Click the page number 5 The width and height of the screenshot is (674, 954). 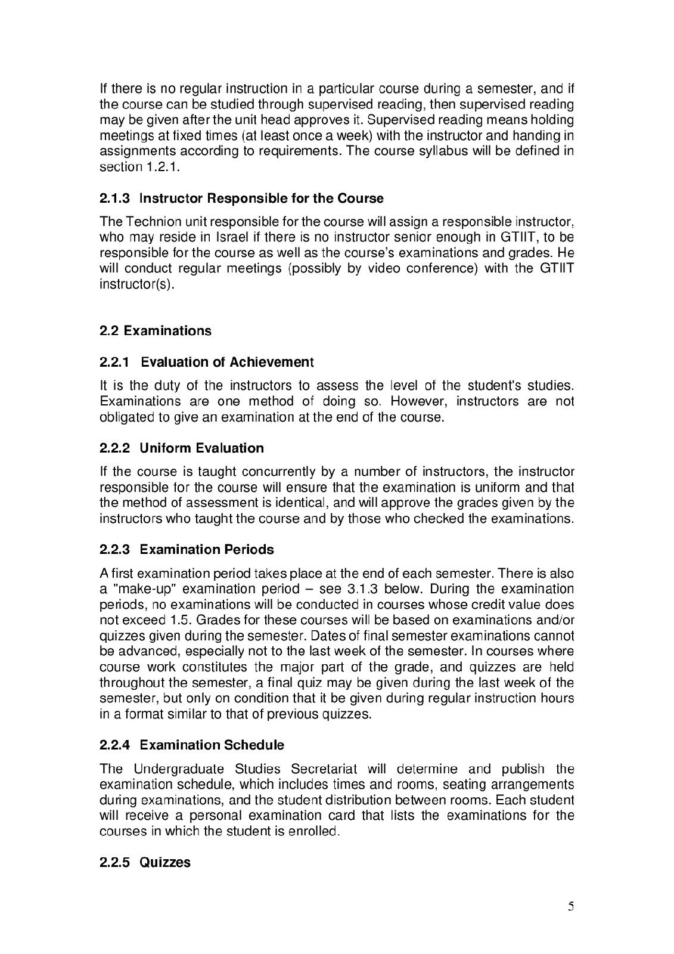point(571,907)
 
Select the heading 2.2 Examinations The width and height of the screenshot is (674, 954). point(155,330)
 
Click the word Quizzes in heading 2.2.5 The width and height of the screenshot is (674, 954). point(165,862)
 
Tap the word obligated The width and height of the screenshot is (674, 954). point(127,417)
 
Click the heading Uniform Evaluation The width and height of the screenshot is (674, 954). point(201,448)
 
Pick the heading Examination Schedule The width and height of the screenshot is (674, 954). point(212,745)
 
